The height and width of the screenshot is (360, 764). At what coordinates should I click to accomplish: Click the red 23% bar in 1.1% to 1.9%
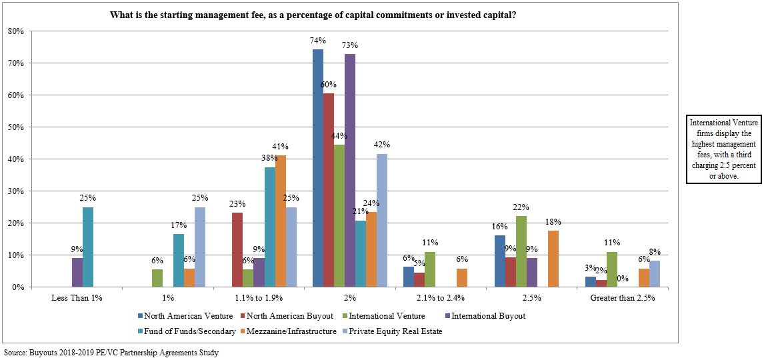coord(237,250)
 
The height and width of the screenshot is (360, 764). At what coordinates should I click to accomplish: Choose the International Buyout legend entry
coord(490,316)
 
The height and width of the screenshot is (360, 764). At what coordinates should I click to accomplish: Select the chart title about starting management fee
coord(313,14)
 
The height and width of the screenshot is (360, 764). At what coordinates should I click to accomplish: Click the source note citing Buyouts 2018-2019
coord(111,353)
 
